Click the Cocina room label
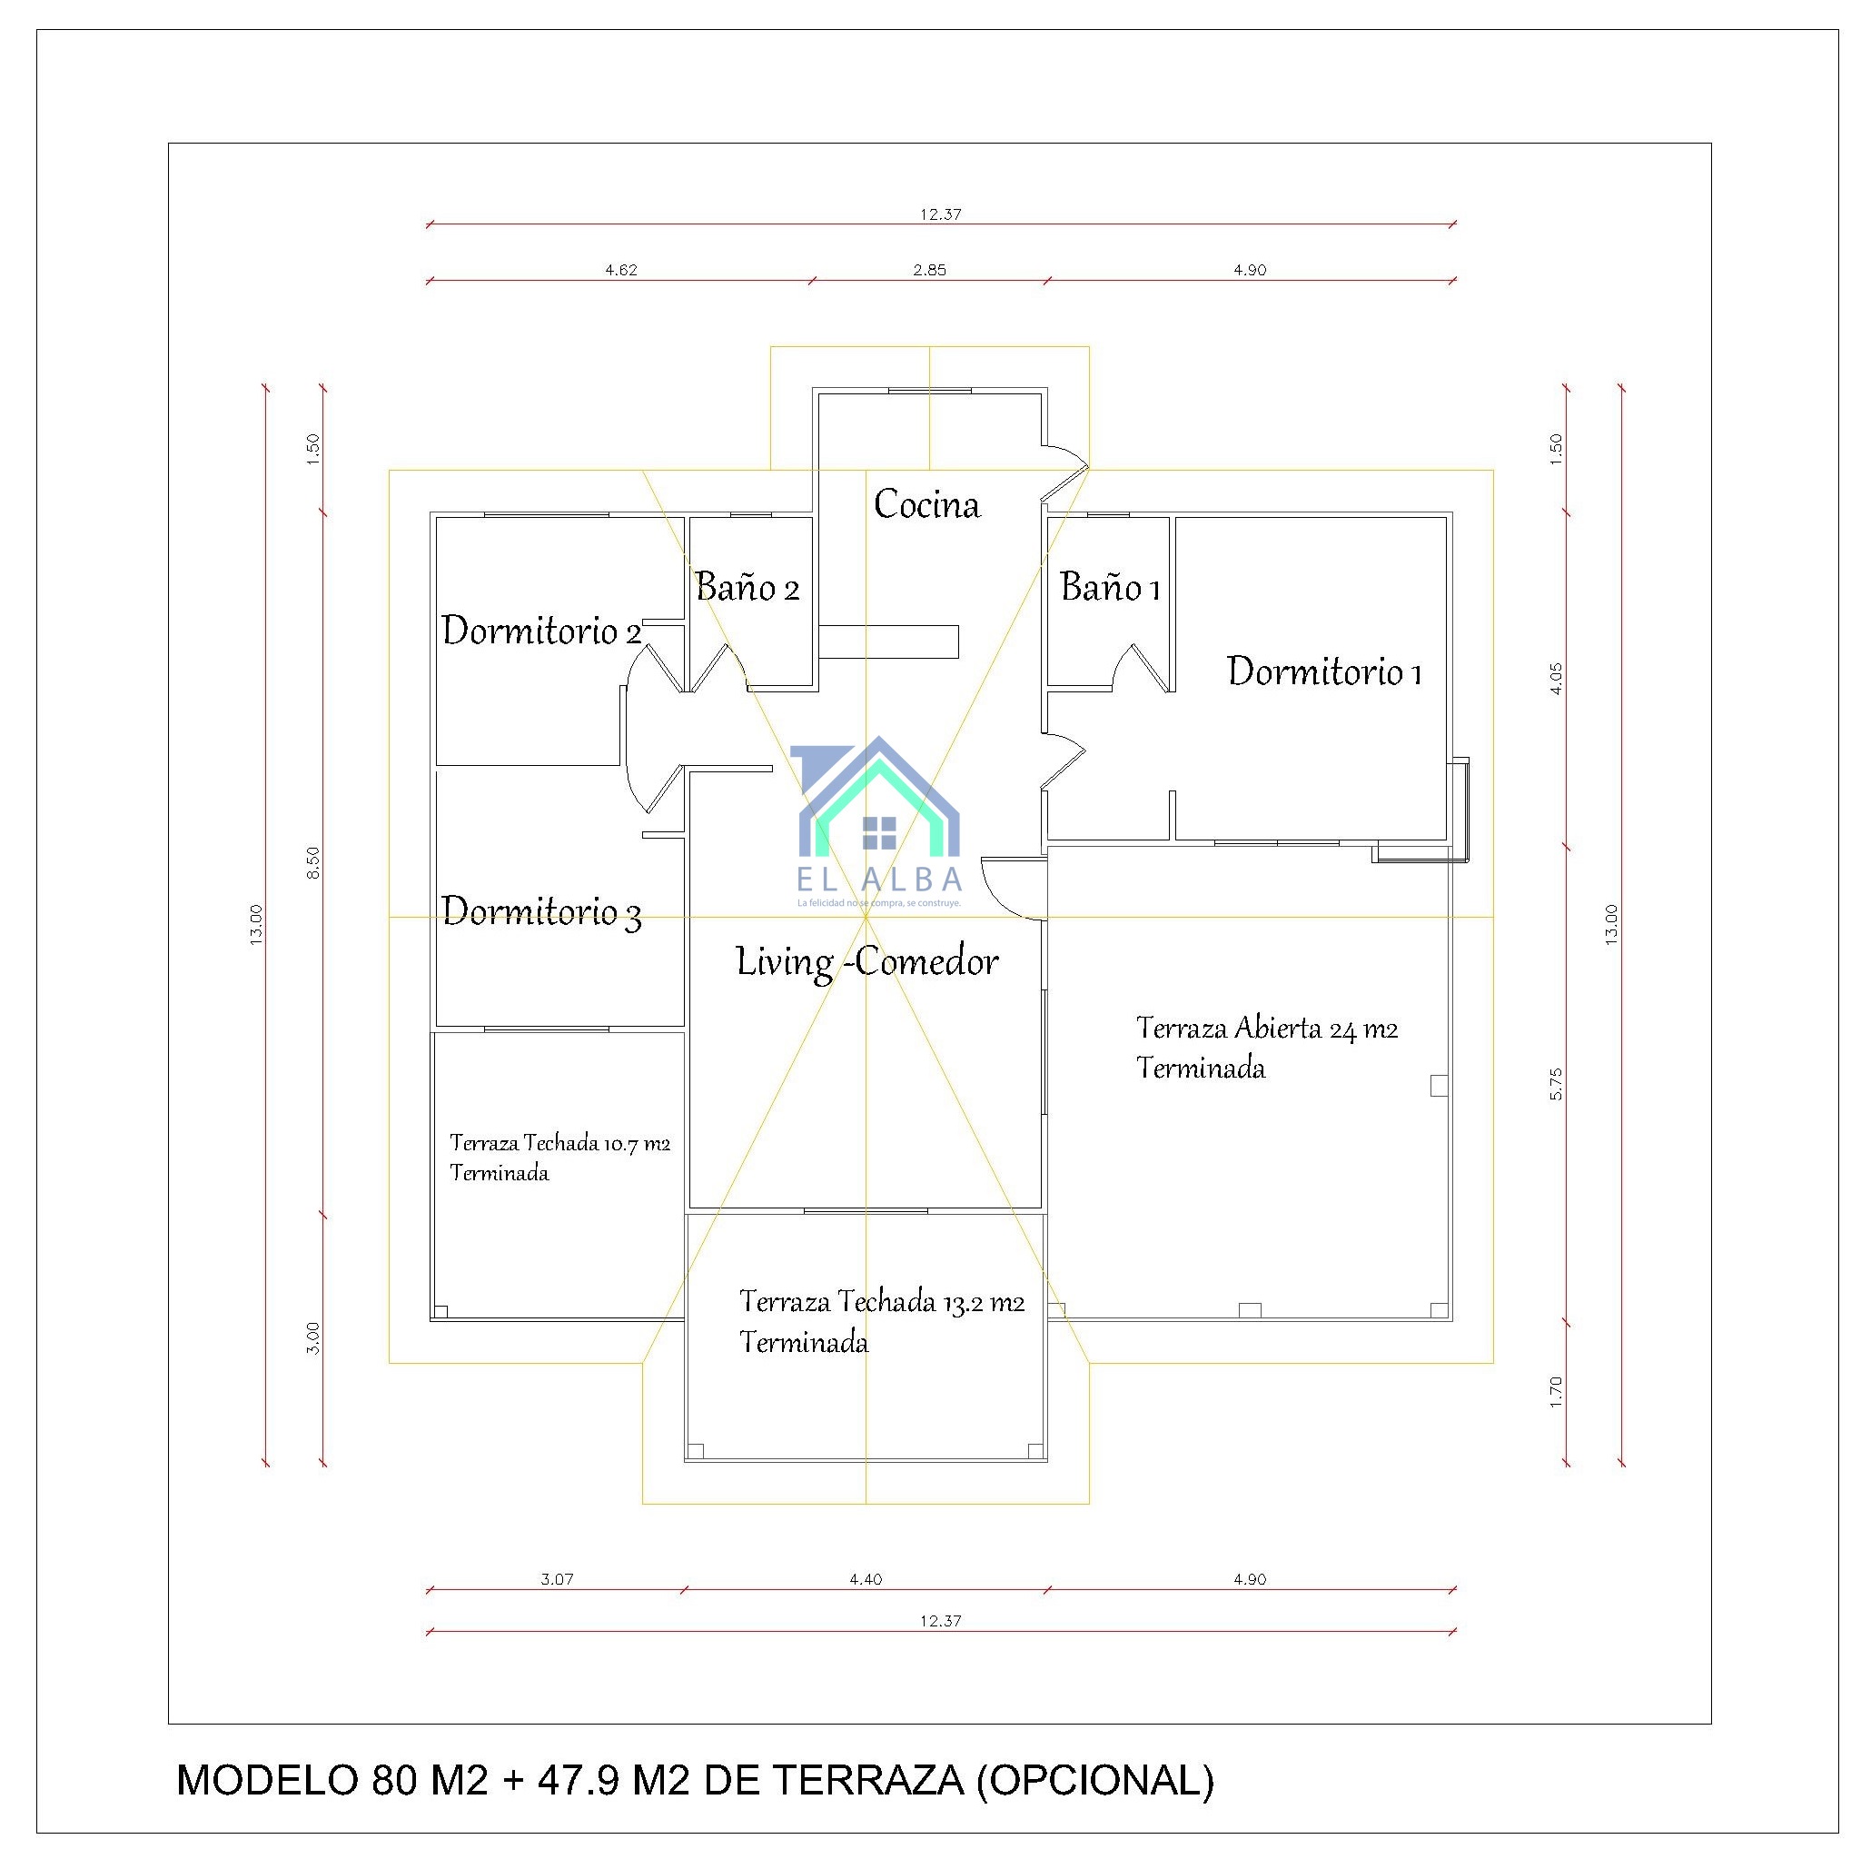tap(926, 504)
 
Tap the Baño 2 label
tap(747, 587)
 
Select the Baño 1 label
tap(1110, 587)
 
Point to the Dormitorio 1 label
tap(1323, 671)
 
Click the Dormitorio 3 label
tap(540, 911)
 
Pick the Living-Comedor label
tap(866, 961)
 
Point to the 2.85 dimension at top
tap(929, 270)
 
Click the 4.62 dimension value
tap(621, 270)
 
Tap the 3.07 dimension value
tap(557, 1579)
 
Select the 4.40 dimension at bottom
tap(866, 1579)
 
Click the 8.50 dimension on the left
tap(313, 862)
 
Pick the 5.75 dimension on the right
tap(1557, 1083)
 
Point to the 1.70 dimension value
tap(1557, 1391)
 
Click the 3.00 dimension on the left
tap(313, 1337)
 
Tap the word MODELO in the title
tap(267, 1780)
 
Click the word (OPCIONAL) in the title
tap(1095, 1780)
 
